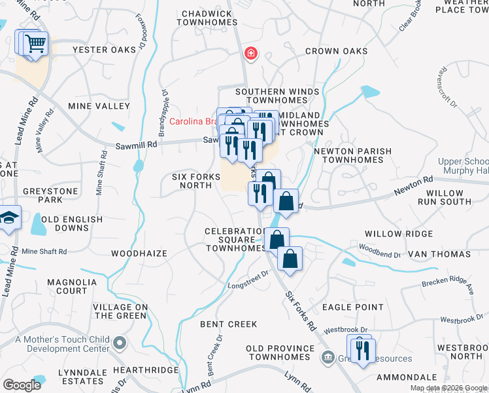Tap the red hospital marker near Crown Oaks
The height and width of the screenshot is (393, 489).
click(x=250, y=52)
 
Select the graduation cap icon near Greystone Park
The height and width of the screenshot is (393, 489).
click(x=9, y=217)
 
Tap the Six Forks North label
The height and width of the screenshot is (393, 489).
click(x=192, y=181)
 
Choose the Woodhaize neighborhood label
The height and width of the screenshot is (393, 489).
click(x=139, y=253)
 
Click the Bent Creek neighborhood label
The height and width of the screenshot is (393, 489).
click(x=228, y=324)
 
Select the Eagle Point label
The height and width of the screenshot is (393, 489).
click(x=352, y=307)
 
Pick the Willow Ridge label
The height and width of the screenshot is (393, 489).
click(x=398, y=234)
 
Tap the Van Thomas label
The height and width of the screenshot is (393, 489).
click(x=439, y=253)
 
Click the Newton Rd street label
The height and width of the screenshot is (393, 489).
click(x=413, y=185)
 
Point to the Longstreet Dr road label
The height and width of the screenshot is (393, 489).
click(x=248, y=280)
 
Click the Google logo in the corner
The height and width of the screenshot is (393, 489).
click(x=23, y=385)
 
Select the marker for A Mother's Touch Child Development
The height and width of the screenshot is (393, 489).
click(x=120, y=343)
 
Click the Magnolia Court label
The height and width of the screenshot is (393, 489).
click(x=58, y=286)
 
